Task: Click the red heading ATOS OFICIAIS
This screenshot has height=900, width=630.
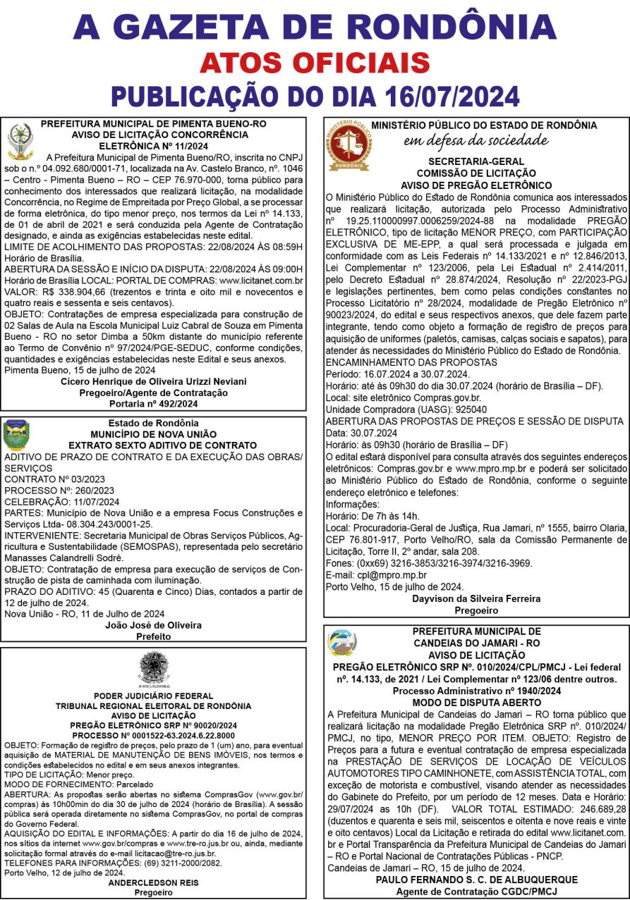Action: click(x=315, y=63)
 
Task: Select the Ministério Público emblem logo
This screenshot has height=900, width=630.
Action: click(x=349, y=148)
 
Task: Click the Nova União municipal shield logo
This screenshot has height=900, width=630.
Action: click(x=16, y=436)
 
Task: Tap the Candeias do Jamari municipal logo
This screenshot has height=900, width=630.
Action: click(x=343, y=643)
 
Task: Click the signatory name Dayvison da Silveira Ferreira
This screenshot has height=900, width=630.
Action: click(x=476, y=598)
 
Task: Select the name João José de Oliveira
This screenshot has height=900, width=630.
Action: click(x=153, y=625)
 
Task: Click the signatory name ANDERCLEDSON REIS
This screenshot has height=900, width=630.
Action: click(x=153, y=882)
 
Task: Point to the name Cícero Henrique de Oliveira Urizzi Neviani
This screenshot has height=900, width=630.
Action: click(x=153, y=381)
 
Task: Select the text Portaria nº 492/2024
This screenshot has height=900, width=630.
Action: click(x=153, y=404)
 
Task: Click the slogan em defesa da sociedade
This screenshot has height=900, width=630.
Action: click(x=476, y=140)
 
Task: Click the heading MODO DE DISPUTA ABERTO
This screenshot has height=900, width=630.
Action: click(x=476, y=703)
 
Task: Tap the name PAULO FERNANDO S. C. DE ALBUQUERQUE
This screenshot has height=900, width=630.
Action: click(x=476, y=880)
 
